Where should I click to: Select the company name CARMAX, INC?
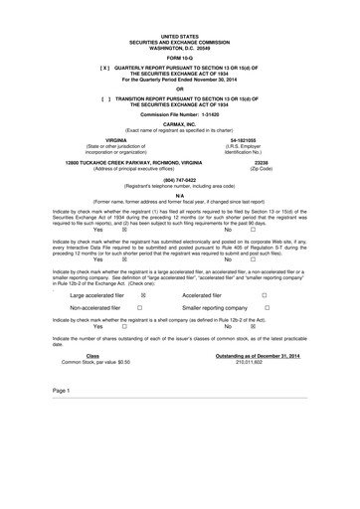(x=179, y=123)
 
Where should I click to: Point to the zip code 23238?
(x=263, y=161)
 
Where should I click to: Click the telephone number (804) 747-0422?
(x=179, y=180)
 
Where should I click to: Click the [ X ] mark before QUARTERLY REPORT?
(x=102, y=67)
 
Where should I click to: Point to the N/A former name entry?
(x=179, y=196)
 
